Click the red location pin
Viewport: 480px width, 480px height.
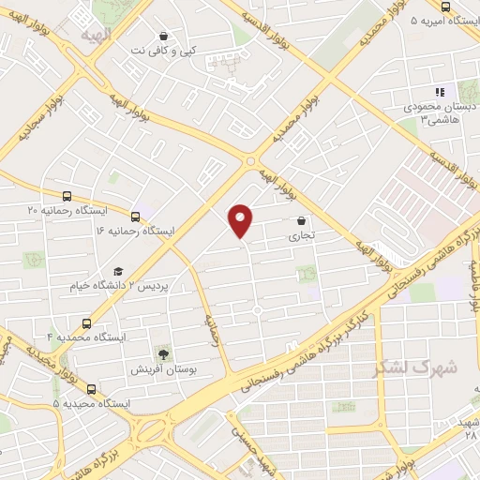[x=242, y=220]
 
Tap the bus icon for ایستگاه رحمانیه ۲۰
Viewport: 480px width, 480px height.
[x=66, y=196]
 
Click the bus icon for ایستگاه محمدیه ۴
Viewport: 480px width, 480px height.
[x=86, y=322]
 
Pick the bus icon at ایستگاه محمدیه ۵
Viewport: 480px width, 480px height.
[x=91, y=389]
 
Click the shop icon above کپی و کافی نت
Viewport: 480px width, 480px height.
[x=164, y=36]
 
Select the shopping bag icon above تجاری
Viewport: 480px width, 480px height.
[x=301, y=221]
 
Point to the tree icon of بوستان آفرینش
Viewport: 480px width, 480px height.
[x=164, y=354]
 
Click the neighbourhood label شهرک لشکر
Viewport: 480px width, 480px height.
[x=417, y=367]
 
